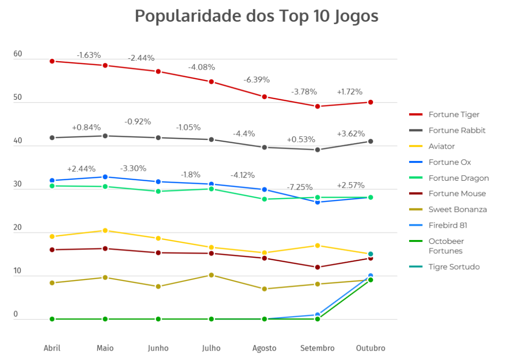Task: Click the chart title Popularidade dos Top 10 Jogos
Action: coord(256,16)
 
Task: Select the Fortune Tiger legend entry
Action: coord(454,115)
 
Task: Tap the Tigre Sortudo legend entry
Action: coord(454,267)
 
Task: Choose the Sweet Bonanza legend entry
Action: coord(457,209)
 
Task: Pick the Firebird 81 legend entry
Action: coord(448,225)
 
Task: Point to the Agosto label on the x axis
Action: coord(264,348)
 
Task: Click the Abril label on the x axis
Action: coord(52,348)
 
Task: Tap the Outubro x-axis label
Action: coord(371,348)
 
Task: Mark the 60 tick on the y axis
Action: coord(18,54)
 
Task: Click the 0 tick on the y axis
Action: coord(16,314)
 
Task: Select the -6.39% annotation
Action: coord(256,80)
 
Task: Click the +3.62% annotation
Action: coord(351,133)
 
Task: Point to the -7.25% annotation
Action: coord(299,187)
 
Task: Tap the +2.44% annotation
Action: coord(81,168)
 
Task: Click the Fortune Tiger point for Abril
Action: coord(52,61)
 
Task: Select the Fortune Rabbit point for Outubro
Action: coord(371,141)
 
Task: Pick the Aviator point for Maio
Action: coord(105,231)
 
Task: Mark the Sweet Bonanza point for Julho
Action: coord(211,275)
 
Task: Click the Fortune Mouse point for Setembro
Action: coord(318,267)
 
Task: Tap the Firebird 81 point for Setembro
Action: coord(318,315)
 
